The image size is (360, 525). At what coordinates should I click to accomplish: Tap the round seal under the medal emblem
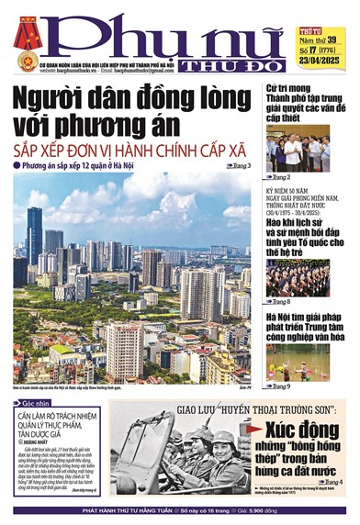[26, 61]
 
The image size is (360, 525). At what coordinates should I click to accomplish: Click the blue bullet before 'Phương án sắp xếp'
[18, 165]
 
